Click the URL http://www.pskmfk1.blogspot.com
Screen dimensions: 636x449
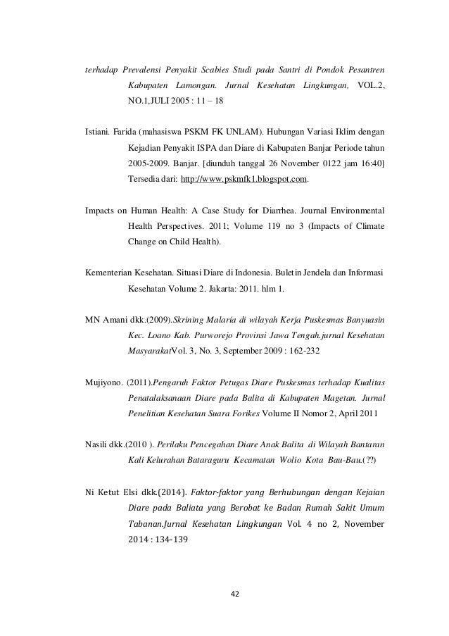244,180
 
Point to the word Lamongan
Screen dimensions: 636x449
191,87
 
